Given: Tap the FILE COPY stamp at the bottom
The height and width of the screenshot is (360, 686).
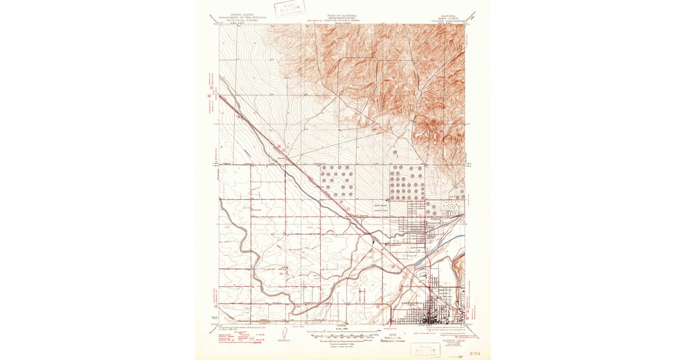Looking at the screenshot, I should [x=423, y=349].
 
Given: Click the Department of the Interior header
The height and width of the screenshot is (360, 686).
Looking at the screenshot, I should [x=243, y=17].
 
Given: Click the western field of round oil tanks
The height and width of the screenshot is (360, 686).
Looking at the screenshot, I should [x=337, y=181].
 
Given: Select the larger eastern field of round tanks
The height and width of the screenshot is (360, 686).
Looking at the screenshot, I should [x=407, y=182].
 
